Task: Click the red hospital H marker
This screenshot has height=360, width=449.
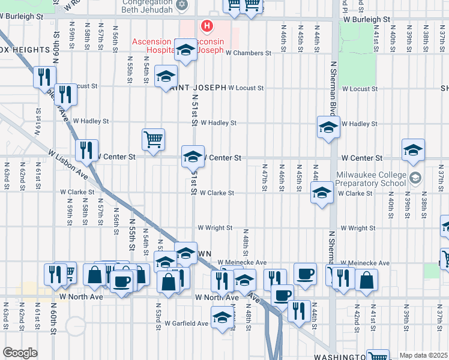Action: coord(207,26)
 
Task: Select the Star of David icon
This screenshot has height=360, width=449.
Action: coord(184,5)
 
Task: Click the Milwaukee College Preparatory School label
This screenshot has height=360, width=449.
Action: coord(372,178)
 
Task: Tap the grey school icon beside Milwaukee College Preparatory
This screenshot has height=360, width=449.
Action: coord(415,178)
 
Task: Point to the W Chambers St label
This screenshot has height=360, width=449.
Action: coord(249,53)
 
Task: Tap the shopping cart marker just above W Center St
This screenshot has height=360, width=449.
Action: coord(153,139)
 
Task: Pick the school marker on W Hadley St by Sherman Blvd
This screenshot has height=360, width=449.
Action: coord(328,127)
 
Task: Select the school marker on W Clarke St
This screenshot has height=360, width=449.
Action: coord(322,193)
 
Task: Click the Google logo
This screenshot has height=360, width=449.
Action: coord(20,352)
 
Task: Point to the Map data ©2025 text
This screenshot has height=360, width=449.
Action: coord(423,355)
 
